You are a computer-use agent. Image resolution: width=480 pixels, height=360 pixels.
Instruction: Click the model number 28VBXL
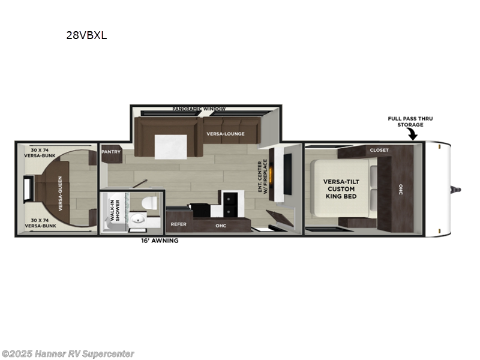coord(86,35)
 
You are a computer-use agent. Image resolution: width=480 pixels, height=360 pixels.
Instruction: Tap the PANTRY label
coord(111,152)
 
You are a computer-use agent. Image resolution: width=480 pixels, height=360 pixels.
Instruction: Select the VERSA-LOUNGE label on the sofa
coord(223,133)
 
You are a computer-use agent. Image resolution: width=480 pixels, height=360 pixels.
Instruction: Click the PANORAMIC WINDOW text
coord(199,109)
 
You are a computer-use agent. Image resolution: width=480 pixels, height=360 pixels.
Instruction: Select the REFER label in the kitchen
coord(178,224)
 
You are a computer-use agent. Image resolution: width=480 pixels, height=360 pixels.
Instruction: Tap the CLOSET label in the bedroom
coord(379,150)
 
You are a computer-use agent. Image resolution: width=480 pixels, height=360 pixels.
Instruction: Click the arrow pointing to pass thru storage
coord(412,134)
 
